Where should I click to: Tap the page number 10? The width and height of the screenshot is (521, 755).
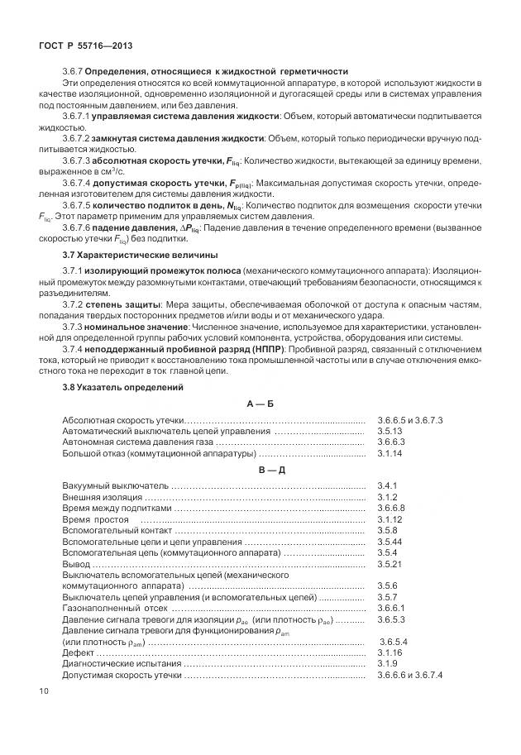(44, 691)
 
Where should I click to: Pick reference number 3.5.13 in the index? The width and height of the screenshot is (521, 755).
(390, 432)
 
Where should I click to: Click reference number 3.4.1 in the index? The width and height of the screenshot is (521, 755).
(387, 485)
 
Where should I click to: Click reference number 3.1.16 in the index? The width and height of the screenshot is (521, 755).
(390, 652)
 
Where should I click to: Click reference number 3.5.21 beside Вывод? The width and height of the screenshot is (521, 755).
(390, 563)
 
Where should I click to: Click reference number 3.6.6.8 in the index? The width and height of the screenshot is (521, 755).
(392, 508)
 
